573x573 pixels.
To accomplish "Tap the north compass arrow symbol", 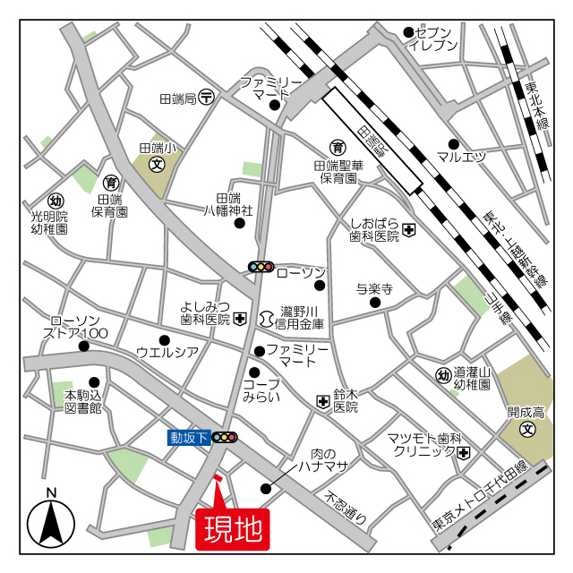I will tap(51, 521).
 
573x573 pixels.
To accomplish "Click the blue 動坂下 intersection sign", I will tap(189, 438).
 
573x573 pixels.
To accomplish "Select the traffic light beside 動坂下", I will tap(225, 438).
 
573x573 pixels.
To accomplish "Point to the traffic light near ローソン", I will tap(261, 267).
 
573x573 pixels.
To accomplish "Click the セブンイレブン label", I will tap(432, 38).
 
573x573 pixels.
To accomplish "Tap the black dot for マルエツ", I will tap(454, 144).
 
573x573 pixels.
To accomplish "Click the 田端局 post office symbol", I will tap(207, 98).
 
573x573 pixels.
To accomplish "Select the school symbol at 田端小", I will tap(158, 165).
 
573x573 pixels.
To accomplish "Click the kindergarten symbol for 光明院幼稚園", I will tap(56, 201).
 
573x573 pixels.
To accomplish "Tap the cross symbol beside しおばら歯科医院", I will tap(408, 230).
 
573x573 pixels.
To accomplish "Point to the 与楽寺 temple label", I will tap(374, 288).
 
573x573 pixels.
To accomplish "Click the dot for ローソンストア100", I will tap(83, 346).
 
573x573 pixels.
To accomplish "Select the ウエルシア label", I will tap(167, 352).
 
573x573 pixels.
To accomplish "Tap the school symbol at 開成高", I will tap(527, 431).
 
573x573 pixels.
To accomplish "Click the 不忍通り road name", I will tap(346, 508).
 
